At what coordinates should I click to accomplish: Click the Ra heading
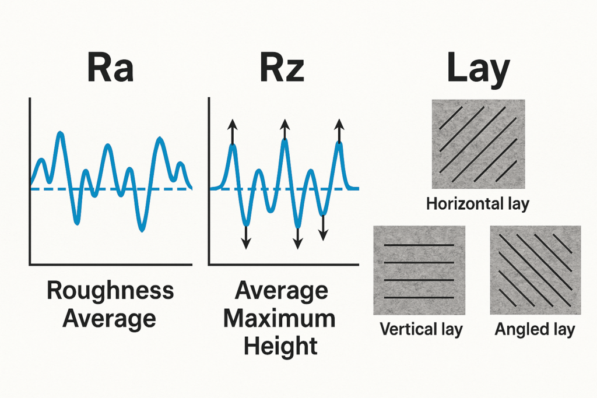[x=110, y=68]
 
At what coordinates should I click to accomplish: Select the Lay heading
[x=478, y=69]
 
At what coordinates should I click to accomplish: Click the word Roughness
[x=110, y=290]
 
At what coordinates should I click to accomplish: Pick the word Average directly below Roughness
[x=110, y=318]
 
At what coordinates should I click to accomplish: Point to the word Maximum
[x=282, y=318]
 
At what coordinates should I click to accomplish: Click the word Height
[x=281, y=346]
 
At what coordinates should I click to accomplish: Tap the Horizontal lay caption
[x=477, y=205]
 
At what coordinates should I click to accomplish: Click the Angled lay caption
[x=535, y=329]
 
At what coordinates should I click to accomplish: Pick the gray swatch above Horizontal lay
[x=478, y=144]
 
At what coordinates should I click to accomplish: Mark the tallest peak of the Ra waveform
[x=61, y=134]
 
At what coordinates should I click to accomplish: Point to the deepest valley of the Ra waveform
[x=141, y=230]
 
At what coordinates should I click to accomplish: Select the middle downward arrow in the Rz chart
[x=298, y=236]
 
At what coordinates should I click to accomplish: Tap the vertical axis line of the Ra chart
[x=29, y=181]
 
